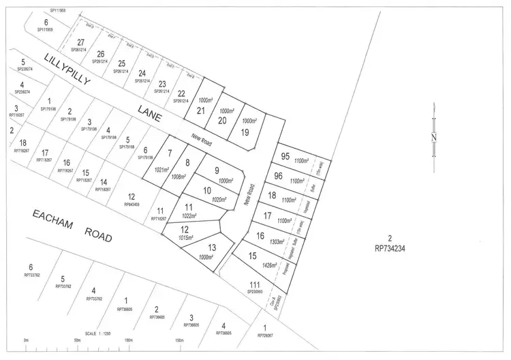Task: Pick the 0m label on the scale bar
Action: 26,340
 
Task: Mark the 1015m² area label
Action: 186,238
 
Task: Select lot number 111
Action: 255,284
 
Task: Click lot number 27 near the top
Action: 81,43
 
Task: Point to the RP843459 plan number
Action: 131,204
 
